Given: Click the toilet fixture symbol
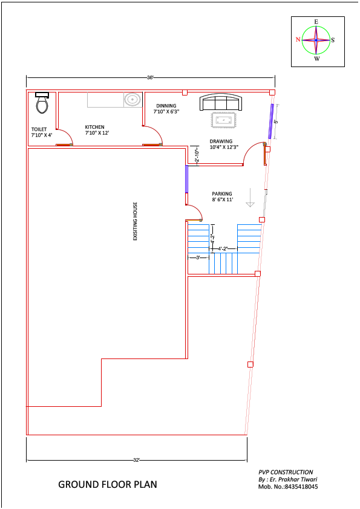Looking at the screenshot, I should click(42, 104).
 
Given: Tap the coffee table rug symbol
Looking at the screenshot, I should click(224, 119).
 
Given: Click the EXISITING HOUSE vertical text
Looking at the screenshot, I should click(136, 221).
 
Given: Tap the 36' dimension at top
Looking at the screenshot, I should click(150, 77).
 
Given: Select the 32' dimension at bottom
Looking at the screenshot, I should click(136, 460).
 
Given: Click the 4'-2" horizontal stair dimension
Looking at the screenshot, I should click(224, 248).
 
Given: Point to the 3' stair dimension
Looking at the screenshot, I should click(198, 258).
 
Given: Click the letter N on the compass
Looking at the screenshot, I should click(298, 40).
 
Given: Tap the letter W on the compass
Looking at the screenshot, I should click(316, 59).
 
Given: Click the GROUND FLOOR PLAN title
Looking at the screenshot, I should click(107, 484).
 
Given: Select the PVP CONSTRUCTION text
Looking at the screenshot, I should click(286, 472).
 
